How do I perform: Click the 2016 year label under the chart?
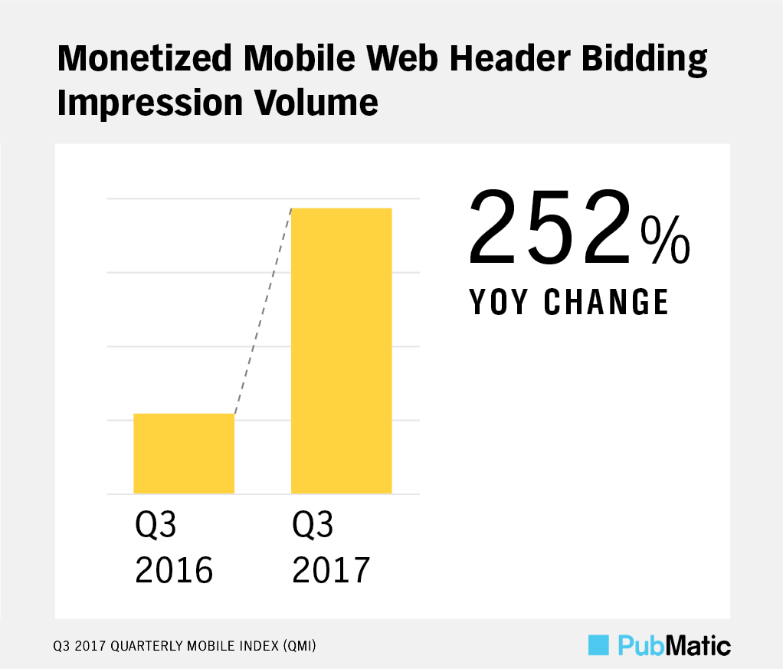173,570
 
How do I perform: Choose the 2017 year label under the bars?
331,570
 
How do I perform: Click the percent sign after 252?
665,239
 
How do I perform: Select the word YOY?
498,303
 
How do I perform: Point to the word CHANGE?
607,303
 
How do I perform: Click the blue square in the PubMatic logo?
598,645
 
